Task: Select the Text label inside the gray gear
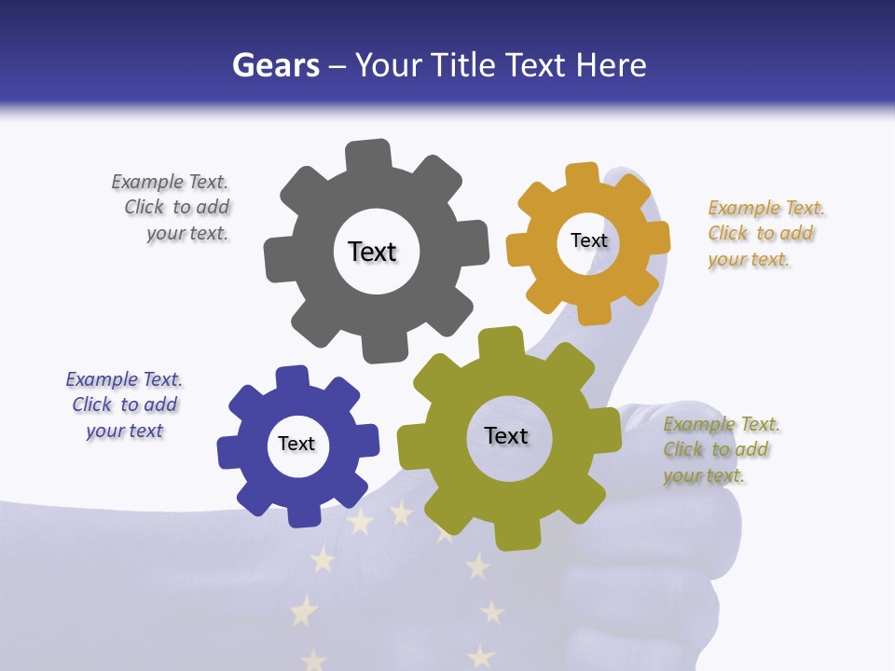tap(372, 252)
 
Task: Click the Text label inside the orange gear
tap(588, 240)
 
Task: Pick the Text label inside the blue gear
tap(296, 444)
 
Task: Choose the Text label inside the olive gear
tap(506, 435)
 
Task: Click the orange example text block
tap(764, 234)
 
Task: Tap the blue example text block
tap(125, 404)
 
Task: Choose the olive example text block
tap(720, 450)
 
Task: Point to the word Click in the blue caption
tap(92, 404)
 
